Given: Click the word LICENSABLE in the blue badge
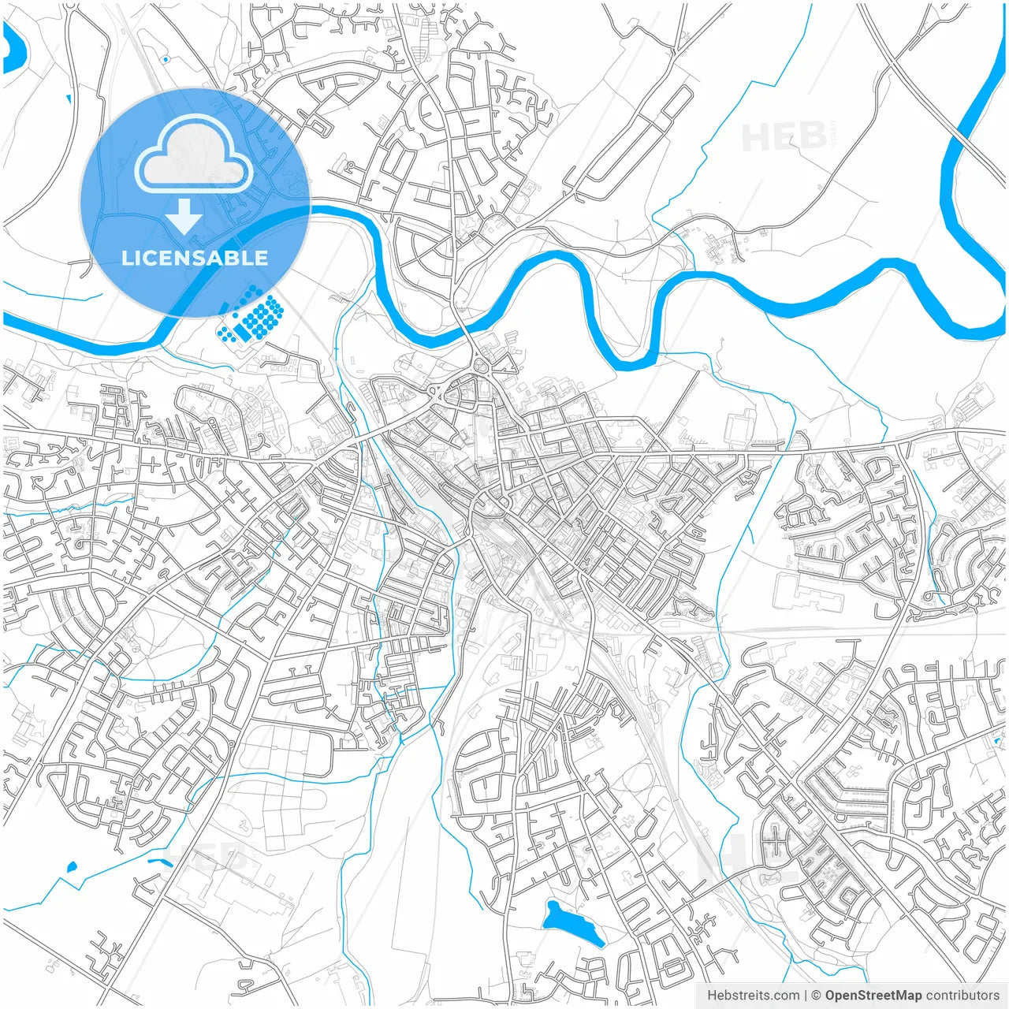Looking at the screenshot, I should pos(195,258).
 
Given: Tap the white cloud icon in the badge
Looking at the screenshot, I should pos(194,154).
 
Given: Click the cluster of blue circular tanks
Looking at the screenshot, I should pos(251,319).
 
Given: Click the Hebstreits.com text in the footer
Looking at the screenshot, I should pos(753,996).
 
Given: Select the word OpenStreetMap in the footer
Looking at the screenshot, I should pos(873,996).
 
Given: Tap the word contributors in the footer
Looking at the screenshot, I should pos(962,996).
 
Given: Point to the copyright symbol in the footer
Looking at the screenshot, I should pos(816,996).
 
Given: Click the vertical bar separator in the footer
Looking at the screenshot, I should pos(805,996).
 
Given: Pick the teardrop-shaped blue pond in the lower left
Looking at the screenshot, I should pos(72,867).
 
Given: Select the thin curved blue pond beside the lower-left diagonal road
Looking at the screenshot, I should pos(160,862).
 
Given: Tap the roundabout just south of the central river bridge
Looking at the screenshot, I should pos(480,364).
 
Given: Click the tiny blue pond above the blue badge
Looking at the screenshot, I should pos(165,59).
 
